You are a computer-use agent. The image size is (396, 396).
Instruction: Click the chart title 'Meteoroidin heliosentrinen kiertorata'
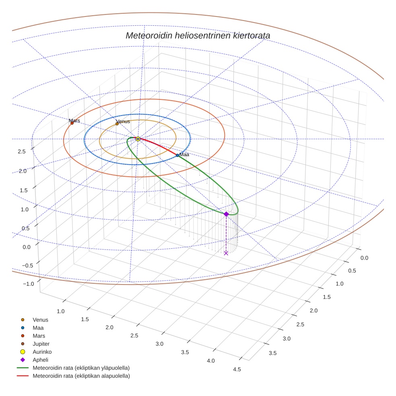(x=198, y=35)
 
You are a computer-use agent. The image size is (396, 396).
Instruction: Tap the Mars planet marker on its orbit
(x=72, y=123)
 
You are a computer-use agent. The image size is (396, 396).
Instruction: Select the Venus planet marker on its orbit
(x=117, y=124)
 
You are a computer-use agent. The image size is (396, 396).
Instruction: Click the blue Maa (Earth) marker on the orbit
(x=177, y=155)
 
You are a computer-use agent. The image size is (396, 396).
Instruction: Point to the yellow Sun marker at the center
(x=138, y=139)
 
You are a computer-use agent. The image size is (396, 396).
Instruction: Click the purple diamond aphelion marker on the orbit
(x=226, y=214)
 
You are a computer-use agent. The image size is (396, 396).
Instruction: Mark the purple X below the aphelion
(x=226, y=253)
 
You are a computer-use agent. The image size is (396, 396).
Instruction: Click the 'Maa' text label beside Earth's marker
(x=184, y=155)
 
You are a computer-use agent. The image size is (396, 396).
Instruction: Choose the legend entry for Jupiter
(x=41, y=344)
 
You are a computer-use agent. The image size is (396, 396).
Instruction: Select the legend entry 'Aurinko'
(x=42, y=352)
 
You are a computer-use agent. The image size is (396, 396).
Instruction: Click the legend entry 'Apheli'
(x=40, y=360)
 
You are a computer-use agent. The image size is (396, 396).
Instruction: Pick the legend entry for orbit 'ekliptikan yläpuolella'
(x=81, y=368)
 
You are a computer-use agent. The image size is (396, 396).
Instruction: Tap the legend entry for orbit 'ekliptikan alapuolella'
(x=81, y=376)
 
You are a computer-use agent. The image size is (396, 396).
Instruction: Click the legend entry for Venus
(x=40, y=320)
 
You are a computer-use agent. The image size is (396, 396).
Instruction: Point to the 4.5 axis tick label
(x=237, y=369)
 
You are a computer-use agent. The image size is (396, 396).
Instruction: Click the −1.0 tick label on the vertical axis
(x=28, y=284)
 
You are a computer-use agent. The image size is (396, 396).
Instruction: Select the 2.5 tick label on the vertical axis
(x=22, y=151)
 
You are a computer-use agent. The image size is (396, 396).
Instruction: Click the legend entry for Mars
(x=39, y=336)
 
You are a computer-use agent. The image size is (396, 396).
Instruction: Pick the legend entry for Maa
(x=38, y=328)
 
